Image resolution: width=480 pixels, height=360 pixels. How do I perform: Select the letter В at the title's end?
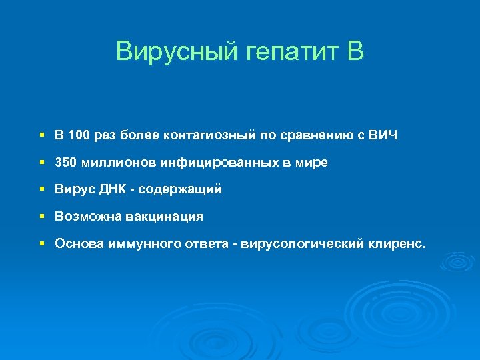coord(355,51)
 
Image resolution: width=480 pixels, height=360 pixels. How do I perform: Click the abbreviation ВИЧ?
coord(383,136)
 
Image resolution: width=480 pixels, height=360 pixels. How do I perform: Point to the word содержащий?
coord(179,190)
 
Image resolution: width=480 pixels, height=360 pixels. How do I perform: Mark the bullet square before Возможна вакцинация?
coord(41,217)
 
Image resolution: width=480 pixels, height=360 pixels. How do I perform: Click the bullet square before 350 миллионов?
coord(41,163)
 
